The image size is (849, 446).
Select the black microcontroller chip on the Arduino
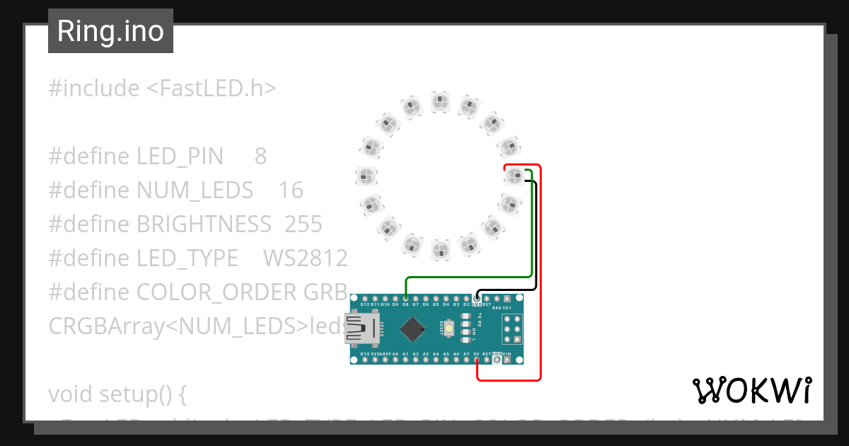coord(412,328)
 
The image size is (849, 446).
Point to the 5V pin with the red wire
coord(477,360)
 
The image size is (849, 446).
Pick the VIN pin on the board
coord(507,360)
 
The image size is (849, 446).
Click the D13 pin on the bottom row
coord(364,360)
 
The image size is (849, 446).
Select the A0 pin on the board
coord(395,360)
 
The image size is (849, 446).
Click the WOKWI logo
coord(751,390)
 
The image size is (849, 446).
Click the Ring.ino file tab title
coord(110,31)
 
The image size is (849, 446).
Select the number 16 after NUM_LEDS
coord(291,190)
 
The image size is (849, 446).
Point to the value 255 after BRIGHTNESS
coord(303,224)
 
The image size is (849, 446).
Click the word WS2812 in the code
coord(305,258)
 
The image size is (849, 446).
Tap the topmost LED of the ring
coord(440,101)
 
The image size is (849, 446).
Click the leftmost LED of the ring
coord(365,175)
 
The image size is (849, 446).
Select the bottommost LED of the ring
coord(440,250)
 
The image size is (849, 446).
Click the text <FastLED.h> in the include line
coord(211,88)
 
